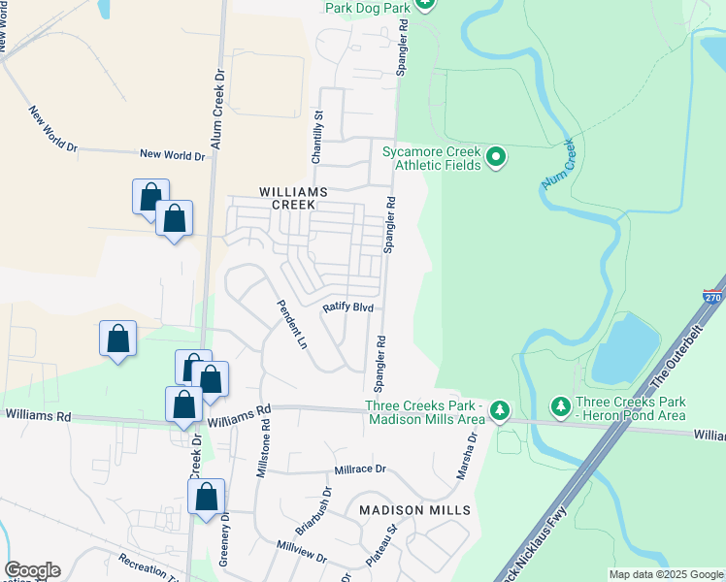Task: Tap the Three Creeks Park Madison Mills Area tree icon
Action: point(499,410)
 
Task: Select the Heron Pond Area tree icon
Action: point(559,404)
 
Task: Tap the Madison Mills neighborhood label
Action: point(414,509)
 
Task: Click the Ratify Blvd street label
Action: point(348,306)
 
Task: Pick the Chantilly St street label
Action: point(317,127)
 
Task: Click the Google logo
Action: point(32,570)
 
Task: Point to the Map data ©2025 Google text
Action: point(666,574)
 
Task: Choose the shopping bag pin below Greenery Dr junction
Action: point(206,498)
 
